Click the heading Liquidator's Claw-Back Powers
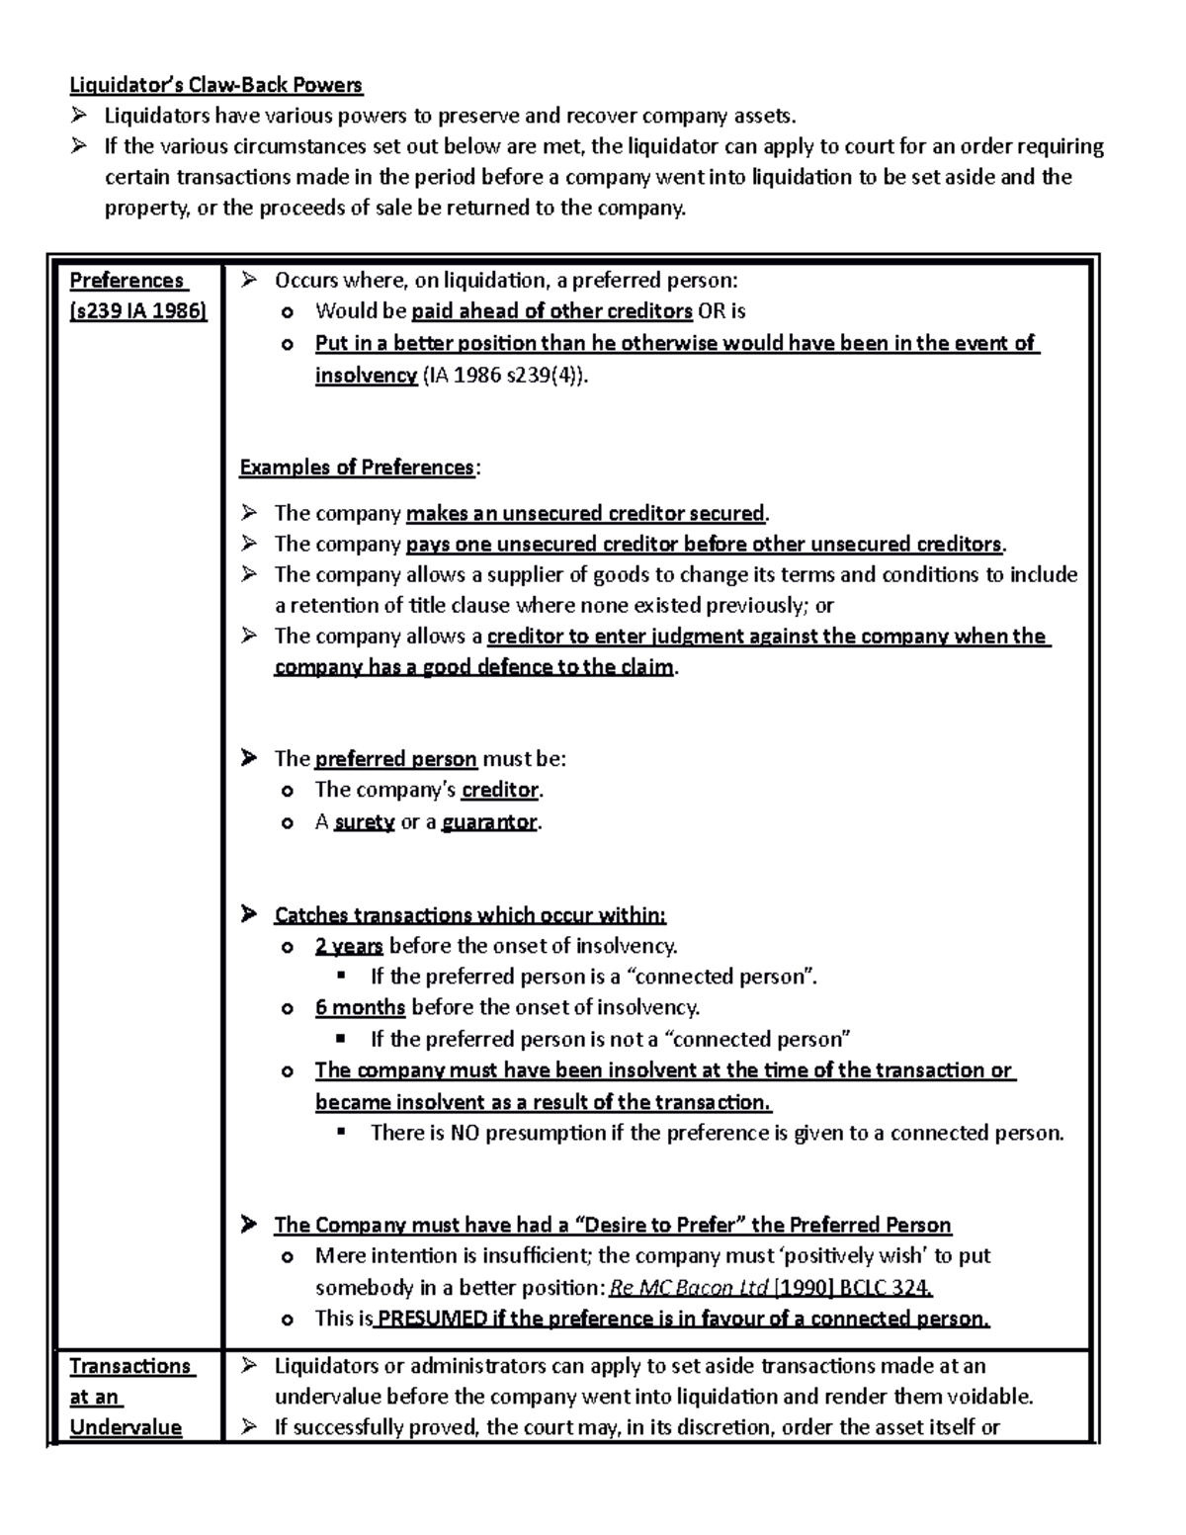(x=216, y=85)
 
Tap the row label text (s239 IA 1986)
(x=137, y=311)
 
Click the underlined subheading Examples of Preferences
(x=357, y=468)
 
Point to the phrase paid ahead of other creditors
(x=551, y=311)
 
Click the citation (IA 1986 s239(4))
(x=505, y=376)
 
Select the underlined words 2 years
(x=349, y=946)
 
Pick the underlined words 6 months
(x=360, y=1007)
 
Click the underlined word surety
(x=365, y=821)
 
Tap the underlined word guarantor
(x=489, y=821)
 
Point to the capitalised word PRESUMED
(x=432, y=1319)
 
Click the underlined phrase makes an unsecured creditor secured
(x=585, y=513)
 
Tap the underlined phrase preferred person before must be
(x=395, y=759)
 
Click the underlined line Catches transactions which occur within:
(x=470, y=915)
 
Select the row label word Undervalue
(x=126, y=1427)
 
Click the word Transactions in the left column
(x=129, y=1366)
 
